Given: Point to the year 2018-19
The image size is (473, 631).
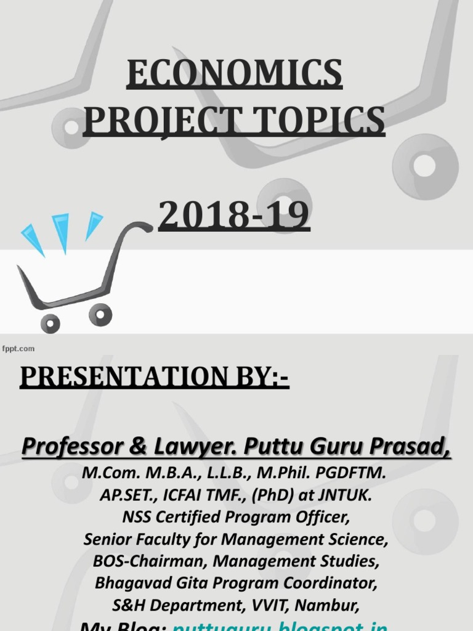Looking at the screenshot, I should (234, 216).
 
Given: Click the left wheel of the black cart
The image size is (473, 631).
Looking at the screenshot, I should (50, 322).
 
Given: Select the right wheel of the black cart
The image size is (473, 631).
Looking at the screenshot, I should (100, 314).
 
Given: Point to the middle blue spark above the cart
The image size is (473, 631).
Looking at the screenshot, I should (61, 231).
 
